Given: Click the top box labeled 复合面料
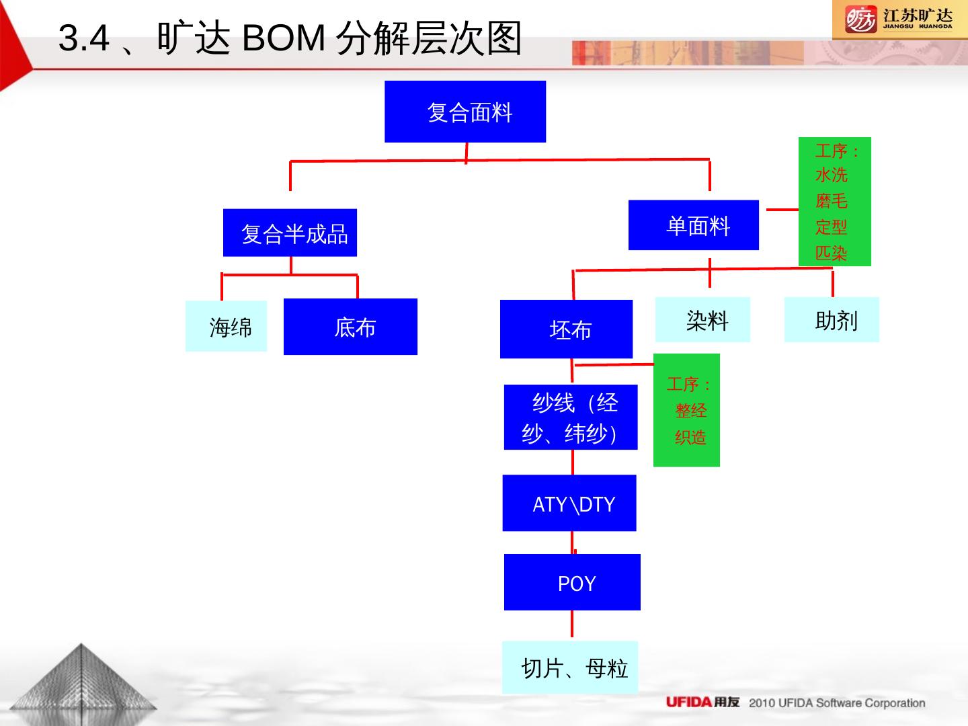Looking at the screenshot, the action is pos(465,112).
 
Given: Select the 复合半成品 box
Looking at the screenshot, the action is pos(290,233).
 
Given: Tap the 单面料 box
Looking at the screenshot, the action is pos(693,225).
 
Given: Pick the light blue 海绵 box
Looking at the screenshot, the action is pos(226,326).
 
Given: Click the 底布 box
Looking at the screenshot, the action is pos(350,327).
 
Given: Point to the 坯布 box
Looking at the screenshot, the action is pos(566,329).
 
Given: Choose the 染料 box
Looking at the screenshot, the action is pos(702,320).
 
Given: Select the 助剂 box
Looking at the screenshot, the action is pos(832,320).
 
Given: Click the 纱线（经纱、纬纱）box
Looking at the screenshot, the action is pos(571,417).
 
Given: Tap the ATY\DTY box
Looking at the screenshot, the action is pos(569,503).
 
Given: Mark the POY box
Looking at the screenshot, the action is pos(572,582).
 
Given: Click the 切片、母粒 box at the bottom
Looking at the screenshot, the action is pos(570,668).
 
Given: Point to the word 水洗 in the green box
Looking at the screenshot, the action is pos(832,175).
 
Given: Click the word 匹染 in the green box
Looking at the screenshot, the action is pos(832,253).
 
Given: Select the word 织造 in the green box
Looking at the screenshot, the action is pos(690,437).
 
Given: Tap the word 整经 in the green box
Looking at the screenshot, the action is pos(690,410).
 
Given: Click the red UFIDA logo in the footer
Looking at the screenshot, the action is pos(688,702).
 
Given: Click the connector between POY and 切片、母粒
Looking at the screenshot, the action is pos(572,625).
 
